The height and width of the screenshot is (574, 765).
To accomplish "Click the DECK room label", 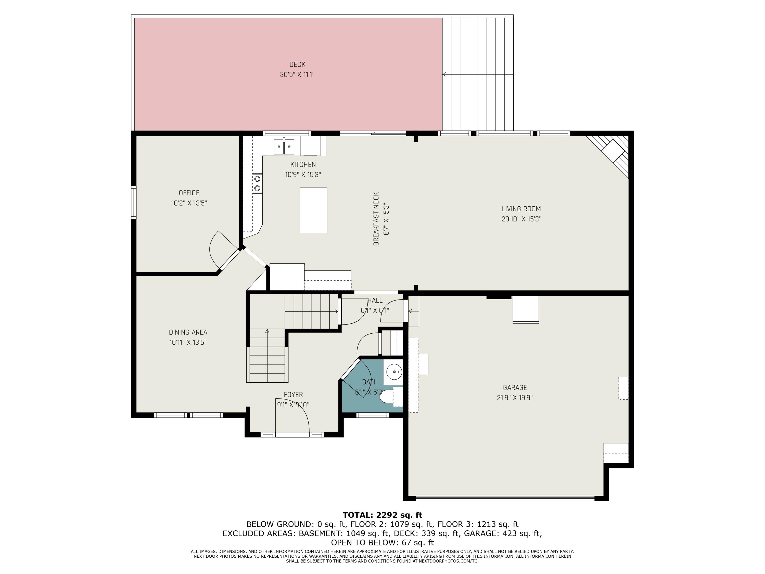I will click(x=297, y=64).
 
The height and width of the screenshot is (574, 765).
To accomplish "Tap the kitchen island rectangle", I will click(x=313, y=210).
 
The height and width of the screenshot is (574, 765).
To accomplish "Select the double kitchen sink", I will click(x=284, y=147).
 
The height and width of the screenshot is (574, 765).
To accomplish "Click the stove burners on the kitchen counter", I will click(x=257, y=183).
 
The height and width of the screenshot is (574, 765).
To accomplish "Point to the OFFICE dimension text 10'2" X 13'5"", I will click(x=189, y=203).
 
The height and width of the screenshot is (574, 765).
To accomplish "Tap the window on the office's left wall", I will click(x=134, y=202).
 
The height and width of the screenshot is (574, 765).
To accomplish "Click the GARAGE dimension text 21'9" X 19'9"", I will click(x=515, y=397).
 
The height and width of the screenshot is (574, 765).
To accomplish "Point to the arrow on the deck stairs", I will click(x=444, y=74).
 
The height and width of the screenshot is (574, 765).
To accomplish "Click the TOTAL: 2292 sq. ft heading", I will click(x=382, y=515).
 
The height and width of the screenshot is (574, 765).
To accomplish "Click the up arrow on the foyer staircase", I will click(x=267, y=331).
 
